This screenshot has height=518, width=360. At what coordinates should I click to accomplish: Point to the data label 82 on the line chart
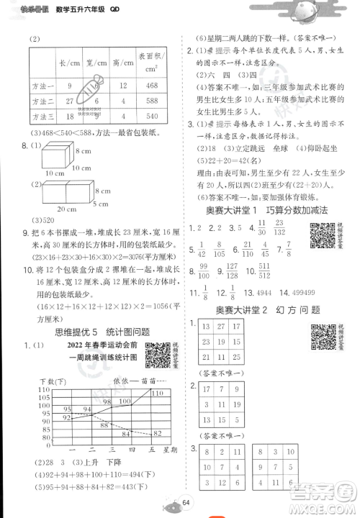(156, 432)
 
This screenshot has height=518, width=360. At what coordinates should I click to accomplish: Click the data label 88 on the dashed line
(105, 424)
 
